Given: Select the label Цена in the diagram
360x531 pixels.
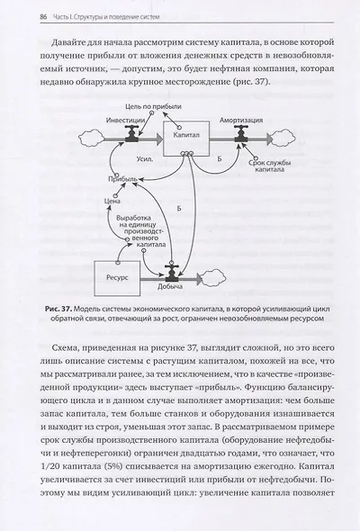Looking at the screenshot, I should click(112, 202).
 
